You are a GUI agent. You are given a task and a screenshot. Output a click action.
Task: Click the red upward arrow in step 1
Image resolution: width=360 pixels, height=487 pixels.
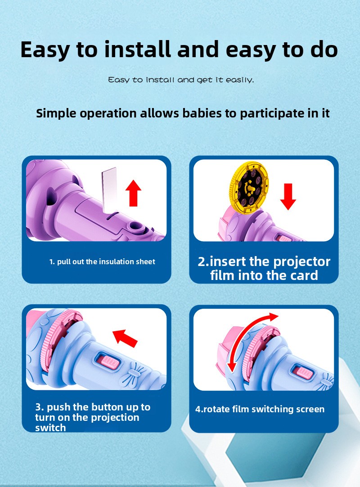coord(133,193)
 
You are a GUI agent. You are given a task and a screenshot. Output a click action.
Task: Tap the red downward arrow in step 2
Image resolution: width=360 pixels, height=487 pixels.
coord(288,196)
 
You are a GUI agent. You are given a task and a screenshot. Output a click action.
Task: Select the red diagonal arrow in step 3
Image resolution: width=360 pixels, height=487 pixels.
coord(125,338)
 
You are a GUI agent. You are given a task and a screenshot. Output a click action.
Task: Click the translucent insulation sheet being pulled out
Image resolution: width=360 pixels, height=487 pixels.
coord(109,189)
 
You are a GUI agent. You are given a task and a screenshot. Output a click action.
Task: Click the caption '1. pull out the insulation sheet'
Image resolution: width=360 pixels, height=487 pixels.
coord(102,262)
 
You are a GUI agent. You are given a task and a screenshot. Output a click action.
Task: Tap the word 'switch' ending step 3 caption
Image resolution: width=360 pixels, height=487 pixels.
coord(50,428)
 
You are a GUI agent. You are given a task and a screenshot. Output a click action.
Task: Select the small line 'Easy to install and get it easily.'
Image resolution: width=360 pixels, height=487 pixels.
coord(181,80)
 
